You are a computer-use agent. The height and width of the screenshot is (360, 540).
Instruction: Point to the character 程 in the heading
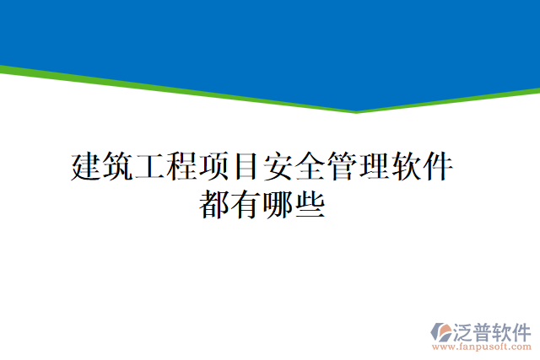(x=181, y=167)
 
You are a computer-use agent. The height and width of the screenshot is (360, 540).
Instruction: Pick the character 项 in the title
(x=213, y=167)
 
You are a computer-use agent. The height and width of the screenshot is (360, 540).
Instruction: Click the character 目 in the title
(x=246, y=167)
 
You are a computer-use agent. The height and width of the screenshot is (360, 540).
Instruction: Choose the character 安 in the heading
(x=278, y=167)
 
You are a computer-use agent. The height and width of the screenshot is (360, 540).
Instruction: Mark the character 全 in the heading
(x=310, y=167)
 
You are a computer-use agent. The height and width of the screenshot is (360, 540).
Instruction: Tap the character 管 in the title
(x=342, y=167)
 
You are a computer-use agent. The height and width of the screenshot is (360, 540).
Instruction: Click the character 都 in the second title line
(x=214, y=205)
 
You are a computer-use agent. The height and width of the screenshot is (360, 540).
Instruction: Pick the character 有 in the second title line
(x=246, y=205)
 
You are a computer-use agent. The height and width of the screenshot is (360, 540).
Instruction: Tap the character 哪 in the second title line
(x=278, y=205)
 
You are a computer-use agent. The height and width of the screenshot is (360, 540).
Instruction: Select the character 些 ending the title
(x=310, y=205)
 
